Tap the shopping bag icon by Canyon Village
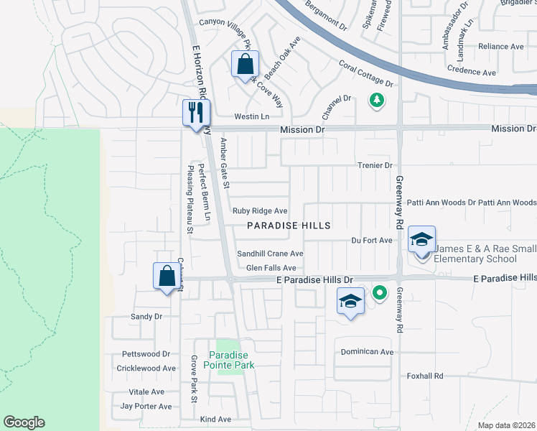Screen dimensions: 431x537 245,65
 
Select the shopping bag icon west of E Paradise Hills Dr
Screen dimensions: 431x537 167,276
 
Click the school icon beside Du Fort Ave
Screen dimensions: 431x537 422,240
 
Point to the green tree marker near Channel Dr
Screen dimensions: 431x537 375,100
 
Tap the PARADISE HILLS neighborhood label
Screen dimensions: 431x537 289,226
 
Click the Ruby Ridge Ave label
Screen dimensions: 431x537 260,211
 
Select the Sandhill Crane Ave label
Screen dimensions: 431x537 271,254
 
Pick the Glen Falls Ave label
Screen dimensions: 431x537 271,268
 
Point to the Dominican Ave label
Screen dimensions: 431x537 367,352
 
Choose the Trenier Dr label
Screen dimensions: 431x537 375,165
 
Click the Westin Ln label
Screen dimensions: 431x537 251,116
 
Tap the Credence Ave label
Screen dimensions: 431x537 472,73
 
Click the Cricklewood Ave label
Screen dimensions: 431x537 146,369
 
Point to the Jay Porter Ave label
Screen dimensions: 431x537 146,406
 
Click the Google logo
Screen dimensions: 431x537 24,422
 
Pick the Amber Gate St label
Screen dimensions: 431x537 225,163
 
